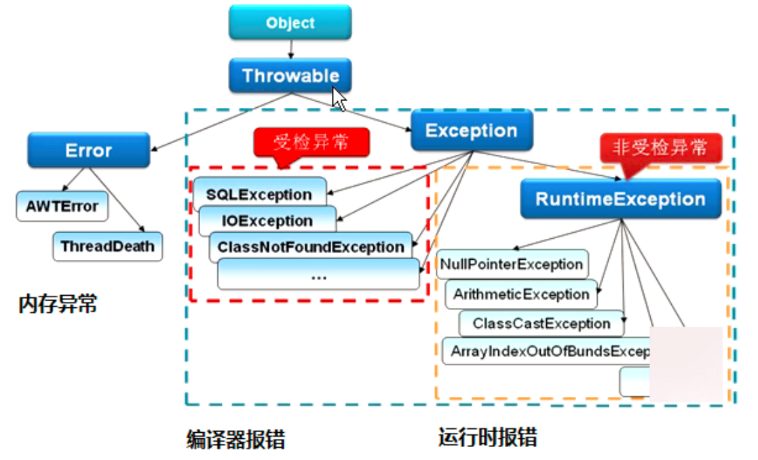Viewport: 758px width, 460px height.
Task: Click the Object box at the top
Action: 290,22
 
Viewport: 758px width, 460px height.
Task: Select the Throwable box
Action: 290,75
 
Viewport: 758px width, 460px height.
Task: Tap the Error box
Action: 88,150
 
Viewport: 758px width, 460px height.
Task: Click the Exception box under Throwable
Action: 471,130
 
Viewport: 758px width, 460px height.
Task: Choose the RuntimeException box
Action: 620,199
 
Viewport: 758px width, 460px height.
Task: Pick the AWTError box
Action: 62,206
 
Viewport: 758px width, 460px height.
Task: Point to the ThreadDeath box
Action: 107,246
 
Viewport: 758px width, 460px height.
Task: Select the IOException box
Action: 267,221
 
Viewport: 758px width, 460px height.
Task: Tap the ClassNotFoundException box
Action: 311,247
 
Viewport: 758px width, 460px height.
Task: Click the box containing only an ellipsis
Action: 318,275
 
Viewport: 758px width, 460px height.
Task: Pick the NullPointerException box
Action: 512,265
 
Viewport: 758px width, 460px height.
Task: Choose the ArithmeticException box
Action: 521,294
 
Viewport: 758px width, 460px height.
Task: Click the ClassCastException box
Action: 541,324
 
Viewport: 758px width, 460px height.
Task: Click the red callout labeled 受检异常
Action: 311,142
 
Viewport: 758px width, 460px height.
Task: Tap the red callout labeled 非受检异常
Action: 660,147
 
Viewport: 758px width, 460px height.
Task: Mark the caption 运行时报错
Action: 488,437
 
